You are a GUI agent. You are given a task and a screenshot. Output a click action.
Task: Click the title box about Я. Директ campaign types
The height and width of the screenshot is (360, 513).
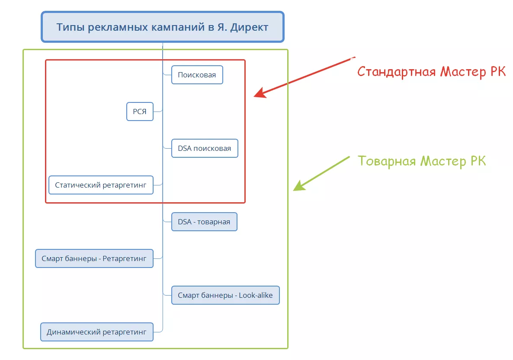coord(163,27)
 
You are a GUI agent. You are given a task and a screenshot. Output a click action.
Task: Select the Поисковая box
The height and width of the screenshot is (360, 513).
coord(197,75)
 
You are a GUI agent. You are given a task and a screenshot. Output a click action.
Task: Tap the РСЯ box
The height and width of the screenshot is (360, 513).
coord(140,112)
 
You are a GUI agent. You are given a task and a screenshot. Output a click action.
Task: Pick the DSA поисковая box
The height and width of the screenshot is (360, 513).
coord(205,148)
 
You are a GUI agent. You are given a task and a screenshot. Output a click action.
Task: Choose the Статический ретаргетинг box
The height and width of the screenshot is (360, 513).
coord(101,185)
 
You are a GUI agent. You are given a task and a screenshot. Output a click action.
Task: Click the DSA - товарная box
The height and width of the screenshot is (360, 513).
coord(204,222)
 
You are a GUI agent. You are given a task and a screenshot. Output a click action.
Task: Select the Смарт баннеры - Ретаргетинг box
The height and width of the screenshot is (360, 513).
coord(94,258)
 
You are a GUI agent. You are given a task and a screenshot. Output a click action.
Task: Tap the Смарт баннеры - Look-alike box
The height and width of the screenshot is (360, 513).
coord(225,296)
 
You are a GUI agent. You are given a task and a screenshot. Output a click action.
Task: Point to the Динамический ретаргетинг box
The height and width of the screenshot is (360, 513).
coord(97,332)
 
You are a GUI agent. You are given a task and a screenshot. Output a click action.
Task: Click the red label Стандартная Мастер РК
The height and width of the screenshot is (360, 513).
coord(431,71)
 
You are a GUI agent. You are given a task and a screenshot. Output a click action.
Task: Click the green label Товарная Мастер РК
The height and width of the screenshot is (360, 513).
coord(422,161)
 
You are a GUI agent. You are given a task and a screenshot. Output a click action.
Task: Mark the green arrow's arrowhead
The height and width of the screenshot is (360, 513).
coord(297,188)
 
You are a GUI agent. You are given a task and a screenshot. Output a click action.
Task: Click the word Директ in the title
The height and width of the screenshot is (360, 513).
coord(249,27)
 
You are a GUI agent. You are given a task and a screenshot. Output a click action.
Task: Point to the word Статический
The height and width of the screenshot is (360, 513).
coord(77,185)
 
